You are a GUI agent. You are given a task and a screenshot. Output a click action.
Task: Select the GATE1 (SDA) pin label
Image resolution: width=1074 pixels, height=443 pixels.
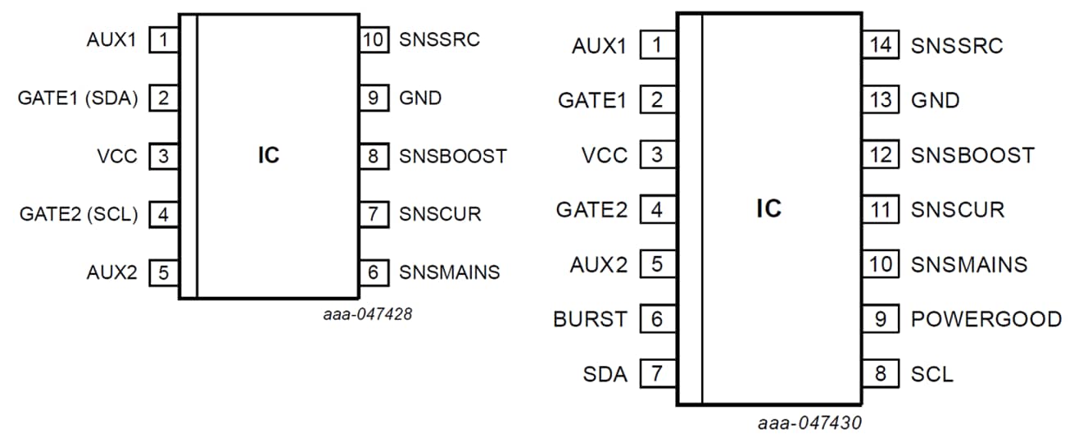tap(78, 98)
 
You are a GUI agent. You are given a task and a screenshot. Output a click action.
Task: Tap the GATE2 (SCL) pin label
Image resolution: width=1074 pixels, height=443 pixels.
tap(79, 215)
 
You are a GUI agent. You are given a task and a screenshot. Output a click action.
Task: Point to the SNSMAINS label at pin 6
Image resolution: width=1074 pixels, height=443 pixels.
tap(449, 272)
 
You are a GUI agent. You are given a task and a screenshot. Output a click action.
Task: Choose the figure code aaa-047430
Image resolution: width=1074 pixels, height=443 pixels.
tap(809, 423)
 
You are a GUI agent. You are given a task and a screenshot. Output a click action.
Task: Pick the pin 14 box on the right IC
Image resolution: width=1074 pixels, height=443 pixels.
tap(881, 45)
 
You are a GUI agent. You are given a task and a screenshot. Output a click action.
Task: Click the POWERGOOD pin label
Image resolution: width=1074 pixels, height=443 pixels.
tap(986, 320)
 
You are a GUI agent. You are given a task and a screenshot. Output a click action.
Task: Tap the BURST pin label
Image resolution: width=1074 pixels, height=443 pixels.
tap(590, 320)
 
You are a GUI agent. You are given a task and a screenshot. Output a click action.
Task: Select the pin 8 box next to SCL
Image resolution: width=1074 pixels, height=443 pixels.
tap(881, 375)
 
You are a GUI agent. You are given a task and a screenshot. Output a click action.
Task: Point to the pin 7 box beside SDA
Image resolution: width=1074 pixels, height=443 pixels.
tap(656, 375)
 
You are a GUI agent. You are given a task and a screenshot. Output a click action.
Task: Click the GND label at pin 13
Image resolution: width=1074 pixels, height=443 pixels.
tap(935, 100)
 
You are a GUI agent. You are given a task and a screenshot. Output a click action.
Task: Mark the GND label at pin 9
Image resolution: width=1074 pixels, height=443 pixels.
tap(420, 98)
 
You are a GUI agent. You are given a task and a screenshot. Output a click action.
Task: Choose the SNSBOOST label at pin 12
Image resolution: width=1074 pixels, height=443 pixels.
tap(972, 155)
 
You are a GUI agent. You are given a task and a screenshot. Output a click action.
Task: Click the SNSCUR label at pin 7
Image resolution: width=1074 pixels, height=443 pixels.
tap(440, 215)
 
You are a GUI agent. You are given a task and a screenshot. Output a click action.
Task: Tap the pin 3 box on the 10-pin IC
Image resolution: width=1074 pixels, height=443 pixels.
tap(164, 156)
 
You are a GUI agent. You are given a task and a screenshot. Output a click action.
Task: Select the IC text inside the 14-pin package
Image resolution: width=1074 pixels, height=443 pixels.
tap(768, 209)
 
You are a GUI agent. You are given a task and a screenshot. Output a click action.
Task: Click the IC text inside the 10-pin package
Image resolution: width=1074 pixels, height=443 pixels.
tap(268, 156)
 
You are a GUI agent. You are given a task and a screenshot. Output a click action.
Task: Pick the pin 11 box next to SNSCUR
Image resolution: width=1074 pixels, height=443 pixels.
tap(881, 210)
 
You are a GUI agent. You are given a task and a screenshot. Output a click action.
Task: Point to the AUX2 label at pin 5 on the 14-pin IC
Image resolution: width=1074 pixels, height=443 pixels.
tap(598, 265)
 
